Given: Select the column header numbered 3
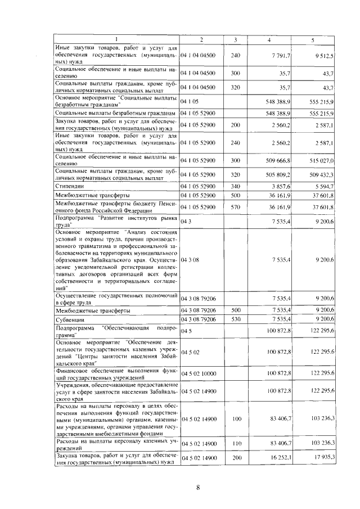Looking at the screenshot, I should coord(235,39).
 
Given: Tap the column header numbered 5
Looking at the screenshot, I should coord(312,39).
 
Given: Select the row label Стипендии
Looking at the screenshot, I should coord(69,186).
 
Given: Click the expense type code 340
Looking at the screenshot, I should coord(235,186).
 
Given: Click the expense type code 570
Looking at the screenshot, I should coord(235,207).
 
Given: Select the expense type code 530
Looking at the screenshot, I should coord(235,319).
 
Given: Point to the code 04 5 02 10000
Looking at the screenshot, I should coord(199,373).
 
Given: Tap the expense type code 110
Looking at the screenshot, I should coord(235,443).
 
